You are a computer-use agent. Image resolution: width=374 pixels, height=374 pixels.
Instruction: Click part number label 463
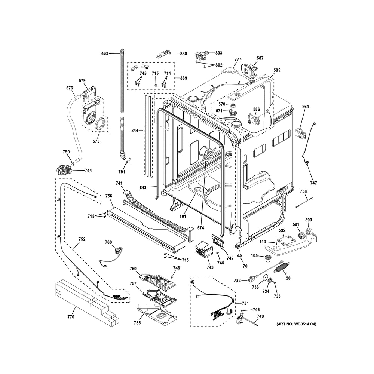tap(105, 53)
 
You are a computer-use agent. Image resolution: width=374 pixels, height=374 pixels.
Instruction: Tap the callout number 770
tap(71, 316)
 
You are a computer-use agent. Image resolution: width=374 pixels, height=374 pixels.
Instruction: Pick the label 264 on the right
tap(305, 107)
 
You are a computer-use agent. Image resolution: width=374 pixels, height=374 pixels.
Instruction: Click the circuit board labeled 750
tap(157, 280)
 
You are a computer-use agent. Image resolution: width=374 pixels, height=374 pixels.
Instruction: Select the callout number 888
tap(183, 53)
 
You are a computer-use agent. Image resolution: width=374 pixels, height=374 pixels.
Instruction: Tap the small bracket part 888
tap(163, 53)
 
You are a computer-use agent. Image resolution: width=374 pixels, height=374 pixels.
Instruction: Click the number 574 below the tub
tap(200, 228)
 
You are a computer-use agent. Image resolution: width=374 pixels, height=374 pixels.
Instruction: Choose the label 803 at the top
tap(218, 53)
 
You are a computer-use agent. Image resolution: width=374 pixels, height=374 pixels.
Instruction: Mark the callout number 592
tap(282, 230)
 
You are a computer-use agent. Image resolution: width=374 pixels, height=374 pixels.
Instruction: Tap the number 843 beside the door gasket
tap(143, 188)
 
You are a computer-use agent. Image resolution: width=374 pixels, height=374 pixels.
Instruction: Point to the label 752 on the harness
tap(82, 239)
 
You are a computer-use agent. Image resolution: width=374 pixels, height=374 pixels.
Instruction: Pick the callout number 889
tap(183, 78)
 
